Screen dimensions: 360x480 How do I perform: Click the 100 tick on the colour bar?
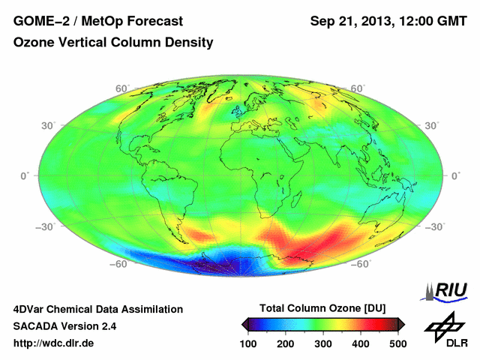point(247,343)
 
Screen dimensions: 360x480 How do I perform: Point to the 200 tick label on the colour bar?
point(285,343)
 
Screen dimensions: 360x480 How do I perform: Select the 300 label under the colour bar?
point(322,343)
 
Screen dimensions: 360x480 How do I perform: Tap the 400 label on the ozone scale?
point(360,343)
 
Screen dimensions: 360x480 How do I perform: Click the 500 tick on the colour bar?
point(397,343)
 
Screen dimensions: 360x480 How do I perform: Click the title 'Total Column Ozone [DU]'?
point(322,308)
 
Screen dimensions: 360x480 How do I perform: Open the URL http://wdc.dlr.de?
point(54,343)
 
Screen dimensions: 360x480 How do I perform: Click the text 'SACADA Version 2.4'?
point(64,325)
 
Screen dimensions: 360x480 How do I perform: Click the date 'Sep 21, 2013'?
point(350,20)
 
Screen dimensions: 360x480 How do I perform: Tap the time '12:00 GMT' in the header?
point(431,20)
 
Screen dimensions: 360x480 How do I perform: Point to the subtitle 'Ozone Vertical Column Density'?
point(113,43)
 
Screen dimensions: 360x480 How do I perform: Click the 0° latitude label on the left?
point(25,175)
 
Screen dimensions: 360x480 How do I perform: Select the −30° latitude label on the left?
point(46,225)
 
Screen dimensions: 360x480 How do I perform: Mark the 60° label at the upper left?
point(121,88)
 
